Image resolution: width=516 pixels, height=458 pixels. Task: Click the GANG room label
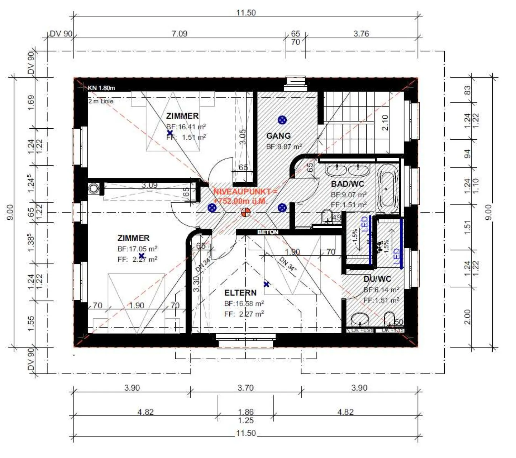(x=278, y=136)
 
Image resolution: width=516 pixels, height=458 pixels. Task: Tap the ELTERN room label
(x=240, y=293)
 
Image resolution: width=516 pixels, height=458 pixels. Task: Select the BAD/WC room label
(x=347, y=184)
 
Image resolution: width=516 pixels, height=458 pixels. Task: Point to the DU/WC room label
(x=377, y=279)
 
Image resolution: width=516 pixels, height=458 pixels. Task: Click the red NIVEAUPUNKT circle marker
(x=245, y=212)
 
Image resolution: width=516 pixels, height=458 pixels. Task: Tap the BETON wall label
(x=268, y=232)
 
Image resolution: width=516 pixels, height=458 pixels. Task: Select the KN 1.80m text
(x=101, y=88)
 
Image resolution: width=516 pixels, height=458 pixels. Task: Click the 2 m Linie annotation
(x=101, y=101)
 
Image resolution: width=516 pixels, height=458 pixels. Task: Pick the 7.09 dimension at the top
(x=179, y=34)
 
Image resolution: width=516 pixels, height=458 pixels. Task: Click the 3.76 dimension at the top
(x=361, y=34)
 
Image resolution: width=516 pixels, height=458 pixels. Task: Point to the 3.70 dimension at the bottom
(x=245, y=388)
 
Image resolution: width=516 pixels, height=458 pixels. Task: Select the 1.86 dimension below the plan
(x=245, y=412)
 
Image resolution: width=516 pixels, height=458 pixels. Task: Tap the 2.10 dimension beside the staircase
(x=385, y=123)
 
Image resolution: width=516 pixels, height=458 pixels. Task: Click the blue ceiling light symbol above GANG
(x=282, y=120)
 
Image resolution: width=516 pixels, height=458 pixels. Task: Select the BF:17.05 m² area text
(x=137, y=249)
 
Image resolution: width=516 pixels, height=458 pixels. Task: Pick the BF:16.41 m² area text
(x=186, y=127)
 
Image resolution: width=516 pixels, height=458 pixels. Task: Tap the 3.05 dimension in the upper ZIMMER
(x=243, y=137)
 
